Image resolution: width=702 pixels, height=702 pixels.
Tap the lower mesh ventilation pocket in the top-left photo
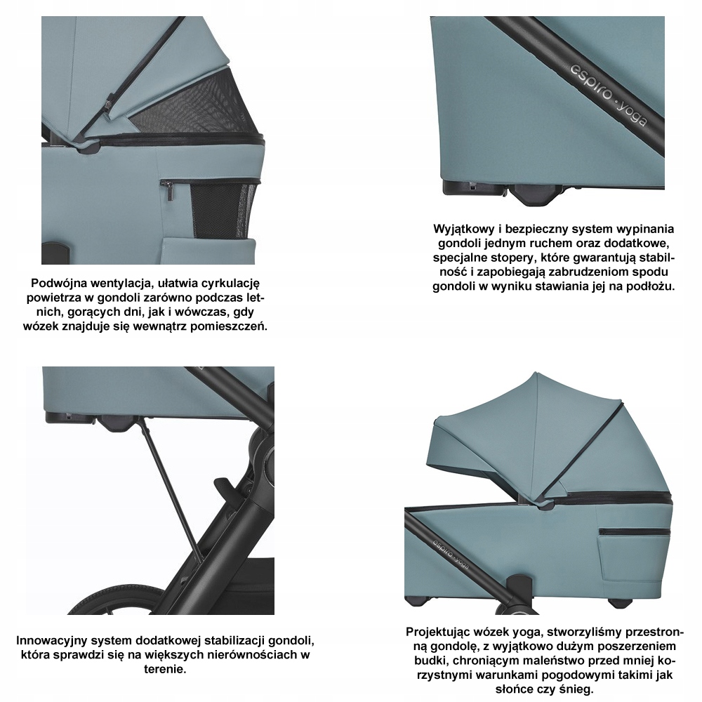pyautogui.click(x=224, y=209)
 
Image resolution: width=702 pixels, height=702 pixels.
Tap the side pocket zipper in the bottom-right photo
pyautogui.click(x=635, y=532)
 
